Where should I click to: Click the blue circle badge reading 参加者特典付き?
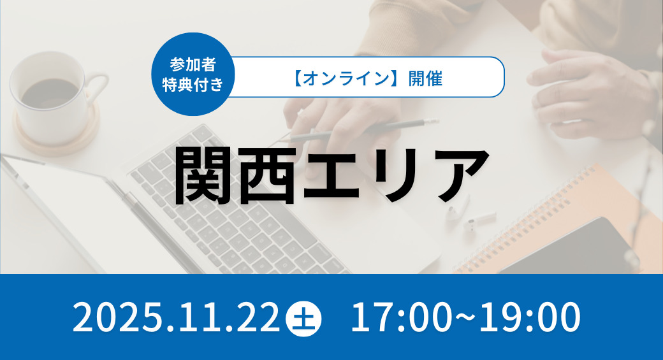coord(193,75)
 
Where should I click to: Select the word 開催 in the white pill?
coord(425,78)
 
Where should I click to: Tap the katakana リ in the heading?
coord(394,175)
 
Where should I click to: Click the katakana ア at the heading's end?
coord(459,175)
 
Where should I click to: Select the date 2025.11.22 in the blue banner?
coord(177,317)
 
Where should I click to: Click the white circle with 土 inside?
coord(303,318)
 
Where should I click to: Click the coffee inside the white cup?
coord(50,92)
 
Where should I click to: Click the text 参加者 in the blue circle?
coord(193,64)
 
